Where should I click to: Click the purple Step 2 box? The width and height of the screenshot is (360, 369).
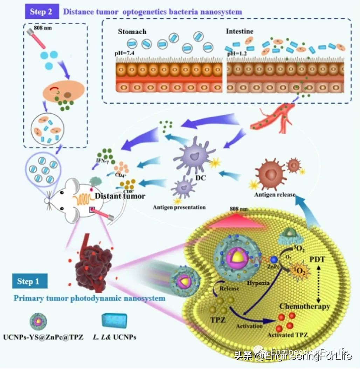pyautogui.click(x=41, y=12)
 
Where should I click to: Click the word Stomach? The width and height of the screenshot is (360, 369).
pyautogui.click(x=132, y=31)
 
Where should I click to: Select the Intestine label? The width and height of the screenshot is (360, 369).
pyautogui.click(x=240, y=31)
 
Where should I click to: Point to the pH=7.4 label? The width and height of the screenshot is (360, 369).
pyautogui.click(x=125, y=53)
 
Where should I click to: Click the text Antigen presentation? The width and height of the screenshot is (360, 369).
pyautogui.click(x=179, y=207)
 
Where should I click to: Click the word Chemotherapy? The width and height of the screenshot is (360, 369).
pyautogui.click(x=304, y=307)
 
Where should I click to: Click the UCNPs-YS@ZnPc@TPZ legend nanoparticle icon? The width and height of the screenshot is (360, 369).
pyautogui.click(x=38, y=320)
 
